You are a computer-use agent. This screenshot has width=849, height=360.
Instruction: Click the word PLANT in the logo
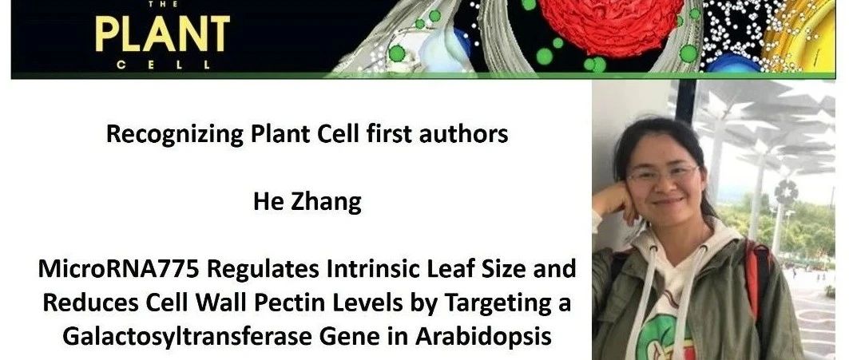click(162, 34)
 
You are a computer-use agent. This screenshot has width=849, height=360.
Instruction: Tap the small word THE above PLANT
click(162, 4)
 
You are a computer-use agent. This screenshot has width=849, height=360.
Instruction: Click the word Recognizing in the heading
click(174, 134)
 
